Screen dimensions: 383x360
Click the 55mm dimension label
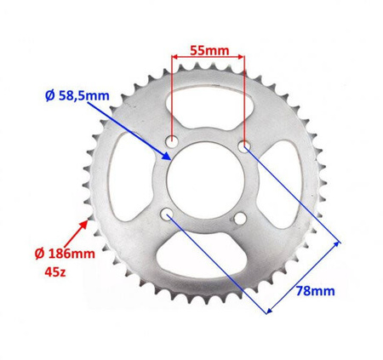coord(209,51)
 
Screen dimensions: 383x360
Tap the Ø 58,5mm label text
coord(77,96)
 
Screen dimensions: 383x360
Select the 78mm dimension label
coord(316,291)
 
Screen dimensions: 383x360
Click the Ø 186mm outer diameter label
coord(65,254)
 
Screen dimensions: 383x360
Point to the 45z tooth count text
coord(55,272)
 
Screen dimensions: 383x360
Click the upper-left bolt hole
coord(172,141)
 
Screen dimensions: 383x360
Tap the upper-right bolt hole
coord(244,146)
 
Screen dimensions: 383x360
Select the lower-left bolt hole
coord(167,214)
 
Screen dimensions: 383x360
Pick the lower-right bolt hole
coord(240,218)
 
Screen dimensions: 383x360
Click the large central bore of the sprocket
coord(206,180)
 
